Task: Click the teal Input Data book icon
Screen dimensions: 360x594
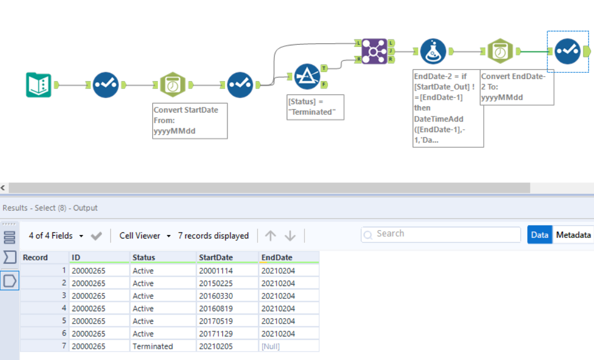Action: (39, 85)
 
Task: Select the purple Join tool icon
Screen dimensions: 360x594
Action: (375, 51)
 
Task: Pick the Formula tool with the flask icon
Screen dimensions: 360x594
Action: (434, 51)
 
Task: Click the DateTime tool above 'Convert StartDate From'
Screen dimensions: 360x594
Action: (173, 85)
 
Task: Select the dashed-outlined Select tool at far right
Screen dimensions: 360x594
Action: (568, 51)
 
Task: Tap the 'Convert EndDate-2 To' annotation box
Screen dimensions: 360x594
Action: (516, 87)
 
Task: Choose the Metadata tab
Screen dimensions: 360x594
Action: (573, 235)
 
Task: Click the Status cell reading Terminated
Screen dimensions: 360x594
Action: (153, 346)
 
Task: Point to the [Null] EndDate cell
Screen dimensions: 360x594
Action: (271, 346)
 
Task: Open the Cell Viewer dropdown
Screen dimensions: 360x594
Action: (145, 236)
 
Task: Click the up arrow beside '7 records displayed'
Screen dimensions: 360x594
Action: (270, 236)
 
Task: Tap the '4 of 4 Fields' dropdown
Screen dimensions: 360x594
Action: (55, 236)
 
